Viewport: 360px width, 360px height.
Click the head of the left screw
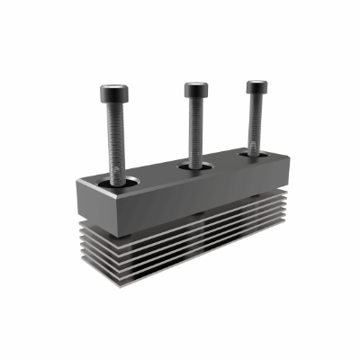(x=114, y=91)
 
